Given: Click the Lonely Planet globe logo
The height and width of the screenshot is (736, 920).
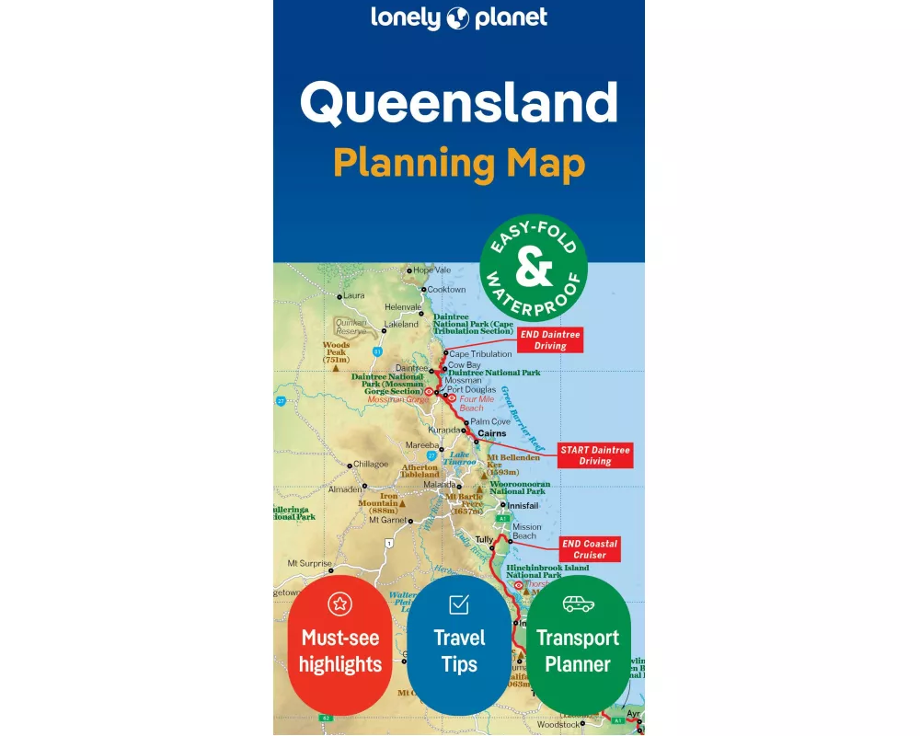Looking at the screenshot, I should pyautogui.click(x=459, y=17).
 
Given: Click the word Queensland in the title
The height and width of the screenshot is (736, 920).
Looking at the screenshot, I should pyautogui.click(x=458, y=103).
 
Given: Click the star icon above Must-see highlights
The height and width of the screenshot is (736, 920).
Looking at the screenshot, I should pyautogui.click(x=339, y=604).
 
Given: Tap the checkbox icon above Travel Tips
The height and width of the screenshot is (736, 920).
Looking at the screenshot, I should pyautogui.click(x=459, y=604).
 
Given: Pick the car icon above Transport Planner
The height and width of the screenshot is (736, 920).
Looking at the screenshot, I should pyautogui.click(x=578, y=604).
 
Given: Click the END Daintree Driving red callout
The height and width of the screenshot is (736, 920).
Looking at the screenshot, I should pyautogui.click(x=550, y=340).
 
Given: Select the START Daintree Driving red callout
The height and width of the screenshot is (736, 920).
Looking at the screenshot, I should pyautogui.click(x=595, y=455).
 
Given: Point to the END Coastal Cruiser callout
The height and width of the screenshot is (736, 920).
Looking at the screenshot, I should pyautogui.click(x=590, y=549).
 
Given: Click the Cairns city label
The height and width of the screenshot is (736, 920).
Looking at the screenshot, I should pyautogui.click(x=492, y=433).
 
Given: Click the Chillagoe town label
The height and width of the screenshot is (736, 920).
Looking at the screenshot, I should pyautogui.click(x=370, y=465).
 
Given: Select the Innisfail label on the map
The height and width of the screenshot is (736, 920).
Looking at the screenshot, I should pyautogui.click(x=523, y=506).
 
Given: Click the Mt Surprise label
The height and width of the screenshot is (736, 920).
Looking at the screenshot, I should pyautogui.click(x=309, y=563).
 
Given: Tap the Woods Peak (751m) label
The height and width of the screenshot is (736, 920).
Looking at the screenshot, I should pyautogui.click(x=336, y=352).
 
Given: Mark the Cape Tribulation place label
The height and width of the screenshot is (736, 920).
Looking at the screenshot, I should pyautogui.click(x=480, y=354).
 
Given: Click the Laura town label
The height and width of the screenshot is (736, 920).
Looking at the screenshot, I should pyautogui.click(x=354, y=296).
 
